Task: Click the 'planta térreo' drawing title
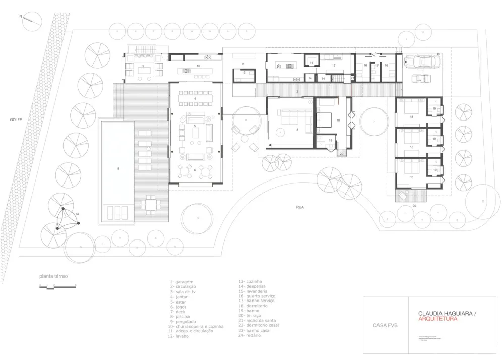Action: pos(53,276)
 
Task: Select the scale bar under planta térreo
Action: pos(56,286)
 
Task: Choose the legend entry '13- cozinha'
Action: pos(250,282)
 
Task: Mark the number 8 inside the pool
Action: pos(119,169)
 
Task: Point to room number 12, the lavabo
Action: pos(243,73)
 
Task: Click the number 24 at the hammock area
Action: pos(77,214)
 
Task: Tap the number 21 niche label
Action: pos(352,78)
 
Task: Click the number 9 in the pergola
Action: pos(143,66)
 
